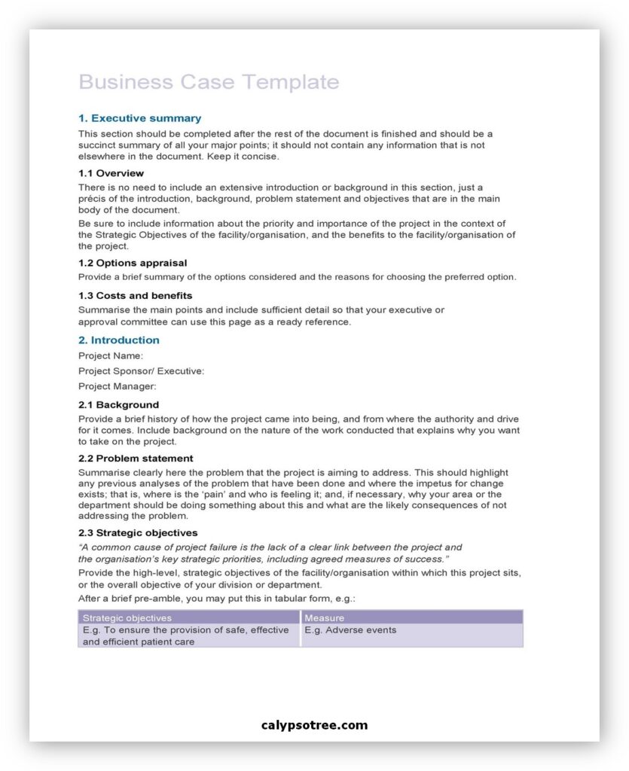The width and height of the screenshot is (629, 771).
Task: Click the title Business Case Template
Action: [x=209, y=82]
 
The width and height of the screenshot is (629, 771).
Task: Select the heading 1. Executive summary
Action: [x=139, y=118]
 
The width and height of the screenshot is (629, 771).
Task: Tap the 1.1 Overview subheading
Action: [x=111, y=173]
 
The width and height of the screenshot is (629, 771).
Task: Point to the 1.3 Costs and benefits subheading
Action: [x=135, y=295]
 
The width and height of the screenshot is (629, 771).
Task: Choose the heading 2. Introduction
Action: [x=119, y=340]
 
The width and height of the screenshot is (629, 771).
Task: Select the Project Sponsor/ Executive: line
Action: [x=141, y=371]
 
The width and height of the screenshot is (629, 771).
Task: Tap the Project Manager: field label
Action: [x=117, y=386]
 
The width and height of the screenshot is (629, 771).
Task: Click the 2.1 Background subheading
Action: [x=118, y=405]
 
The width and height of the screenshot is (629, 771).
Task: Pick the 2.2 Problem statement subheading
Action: [x=136, y=459]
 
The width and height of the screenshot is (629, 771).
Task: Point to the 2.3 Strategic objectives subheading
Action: [x=138, y=533]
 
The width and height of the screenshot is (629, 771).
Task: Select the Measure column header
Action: [x=324, y=618]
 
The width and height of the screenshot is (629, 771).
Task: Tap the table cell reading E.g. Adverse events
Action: [x=350, y=630]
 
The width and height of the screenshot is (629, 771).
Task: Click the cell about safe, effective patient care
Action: [x=185, y=635]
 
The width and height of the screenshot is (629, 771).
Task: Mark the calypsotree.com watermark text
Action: [x=314, y=726]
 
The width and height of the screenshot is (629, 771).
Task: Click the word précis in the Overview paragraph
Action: [x=93, y=199]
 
